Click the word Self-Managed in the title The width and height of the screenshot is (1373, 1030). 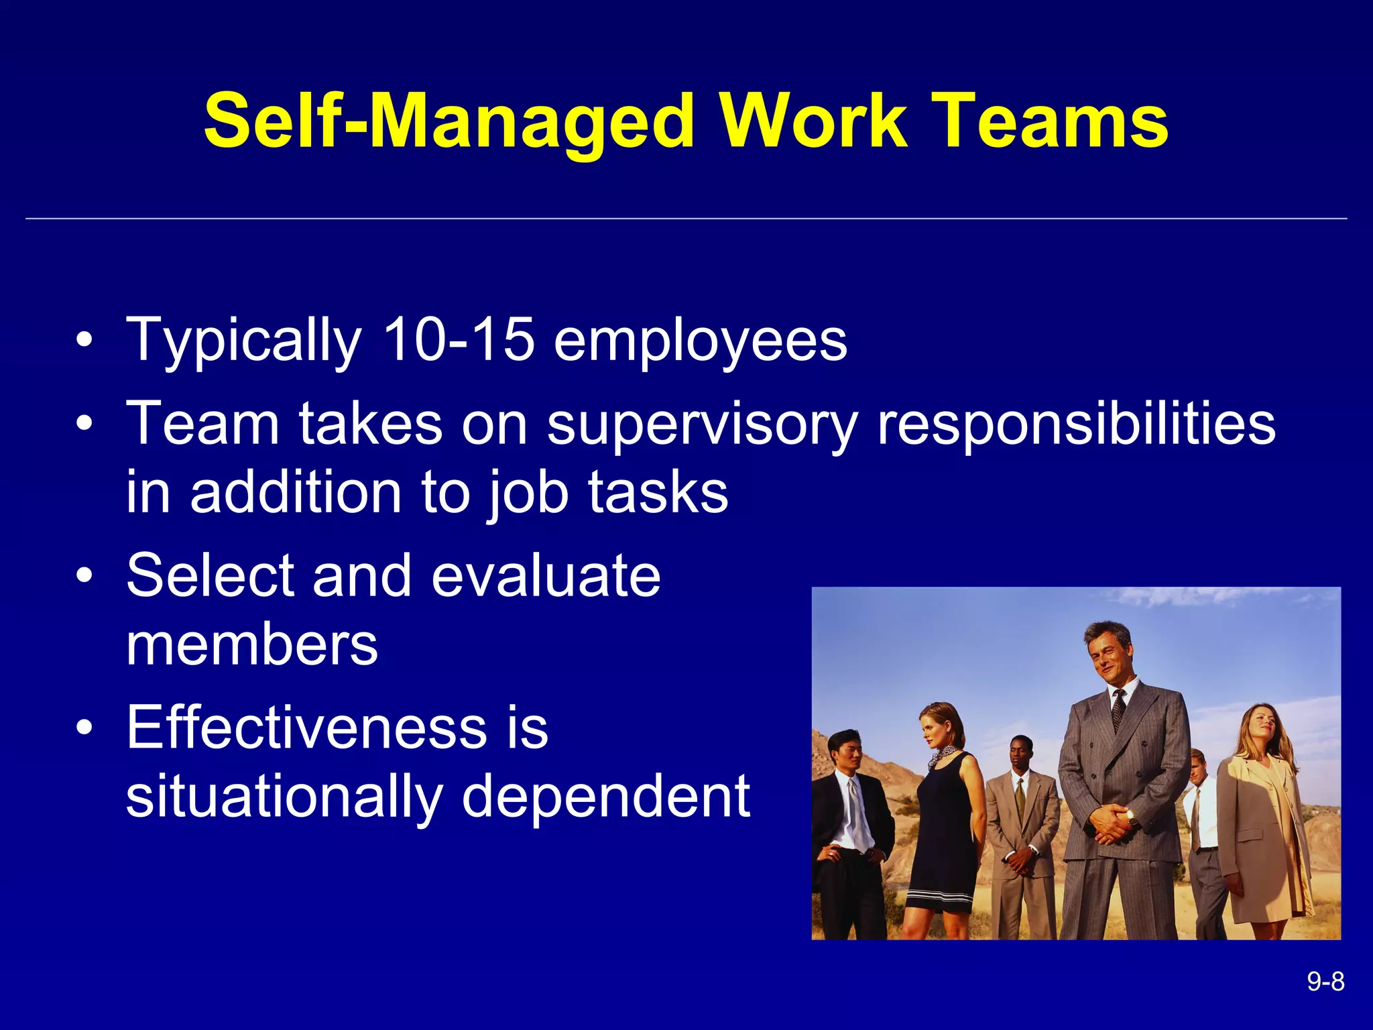click(449, 122)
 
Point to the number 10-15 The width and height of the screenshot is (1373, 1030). click(459, 340)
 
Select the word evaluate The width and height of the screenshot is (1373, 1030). click(546, 576)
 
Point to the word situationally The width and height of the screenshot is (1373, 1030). click(284, 798)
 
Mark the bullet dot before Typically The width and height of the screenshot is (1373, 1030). click(84, 341)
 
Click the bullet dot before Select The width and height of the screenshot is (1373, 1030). click(84, 576)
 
